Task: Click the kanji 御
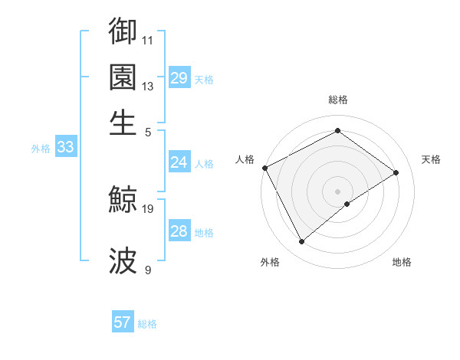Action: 123,31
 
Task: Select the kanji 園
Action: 123,77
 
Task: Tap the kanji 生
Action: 123,123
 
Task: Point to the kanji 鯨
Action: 123,201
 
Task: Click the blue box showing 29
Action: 179,78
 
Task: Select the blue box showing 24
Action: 179,162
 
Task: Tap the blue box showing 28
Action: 179,231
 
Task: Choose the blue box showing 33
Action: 65,148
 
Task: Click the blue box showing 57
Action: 123,322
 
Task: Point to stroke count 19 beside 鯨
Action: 148,208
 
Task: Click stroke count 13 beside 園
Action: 148,86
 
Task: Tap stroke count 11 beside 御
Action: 148,39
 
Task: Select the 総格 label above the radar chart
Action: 338,100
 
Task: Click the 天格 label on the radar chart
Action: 431,159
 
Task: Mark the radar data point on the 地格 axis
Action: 347,204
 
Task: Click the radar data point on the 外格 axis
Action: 301,242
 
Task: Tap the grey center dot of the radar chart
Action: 338,191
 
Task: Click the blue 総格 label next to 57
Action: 147,324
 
